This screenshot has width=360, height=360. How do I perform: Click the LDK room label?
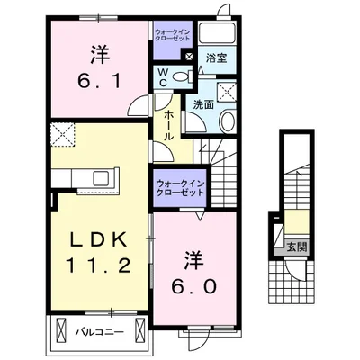[98, 240]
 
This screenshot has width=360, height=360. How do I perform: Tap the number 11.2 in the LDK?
[98, 265]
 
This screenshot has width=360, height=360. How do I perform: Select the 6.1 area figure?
[99, 81]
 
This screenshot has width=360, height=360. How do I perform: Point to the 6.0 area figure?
[193, 287]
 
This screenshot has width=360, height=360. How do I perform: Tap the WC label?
[163, 77]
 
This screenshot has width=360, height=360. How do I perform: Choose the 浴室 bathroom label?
[216, 58]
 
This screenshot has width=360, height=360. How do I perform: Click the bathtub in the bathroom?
[218, 33]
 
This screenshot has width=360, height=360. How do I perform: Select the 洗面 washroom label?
[203, 104]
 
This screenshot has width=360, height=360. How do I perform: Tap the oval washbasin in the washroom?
[228, 121]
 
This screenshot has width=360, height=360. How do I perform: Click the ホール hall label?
[168, 125]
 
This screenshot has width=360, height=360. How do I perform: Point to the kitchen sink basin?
[103, 178]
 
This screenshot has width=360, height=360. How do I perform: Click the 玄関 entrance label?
[297, 247]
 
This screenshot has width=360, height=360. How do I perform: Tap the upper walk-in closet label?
[173, 35]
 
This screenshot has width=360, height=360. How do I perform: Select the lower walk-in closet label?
[180, 187]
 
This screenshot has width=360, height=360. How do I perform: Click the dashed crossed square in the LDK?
[62, 135]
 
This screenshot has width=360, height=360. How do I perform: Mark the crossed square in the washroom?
[227, 91]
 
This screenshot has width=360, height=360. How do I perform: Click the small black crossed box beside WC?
[189, 56]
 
